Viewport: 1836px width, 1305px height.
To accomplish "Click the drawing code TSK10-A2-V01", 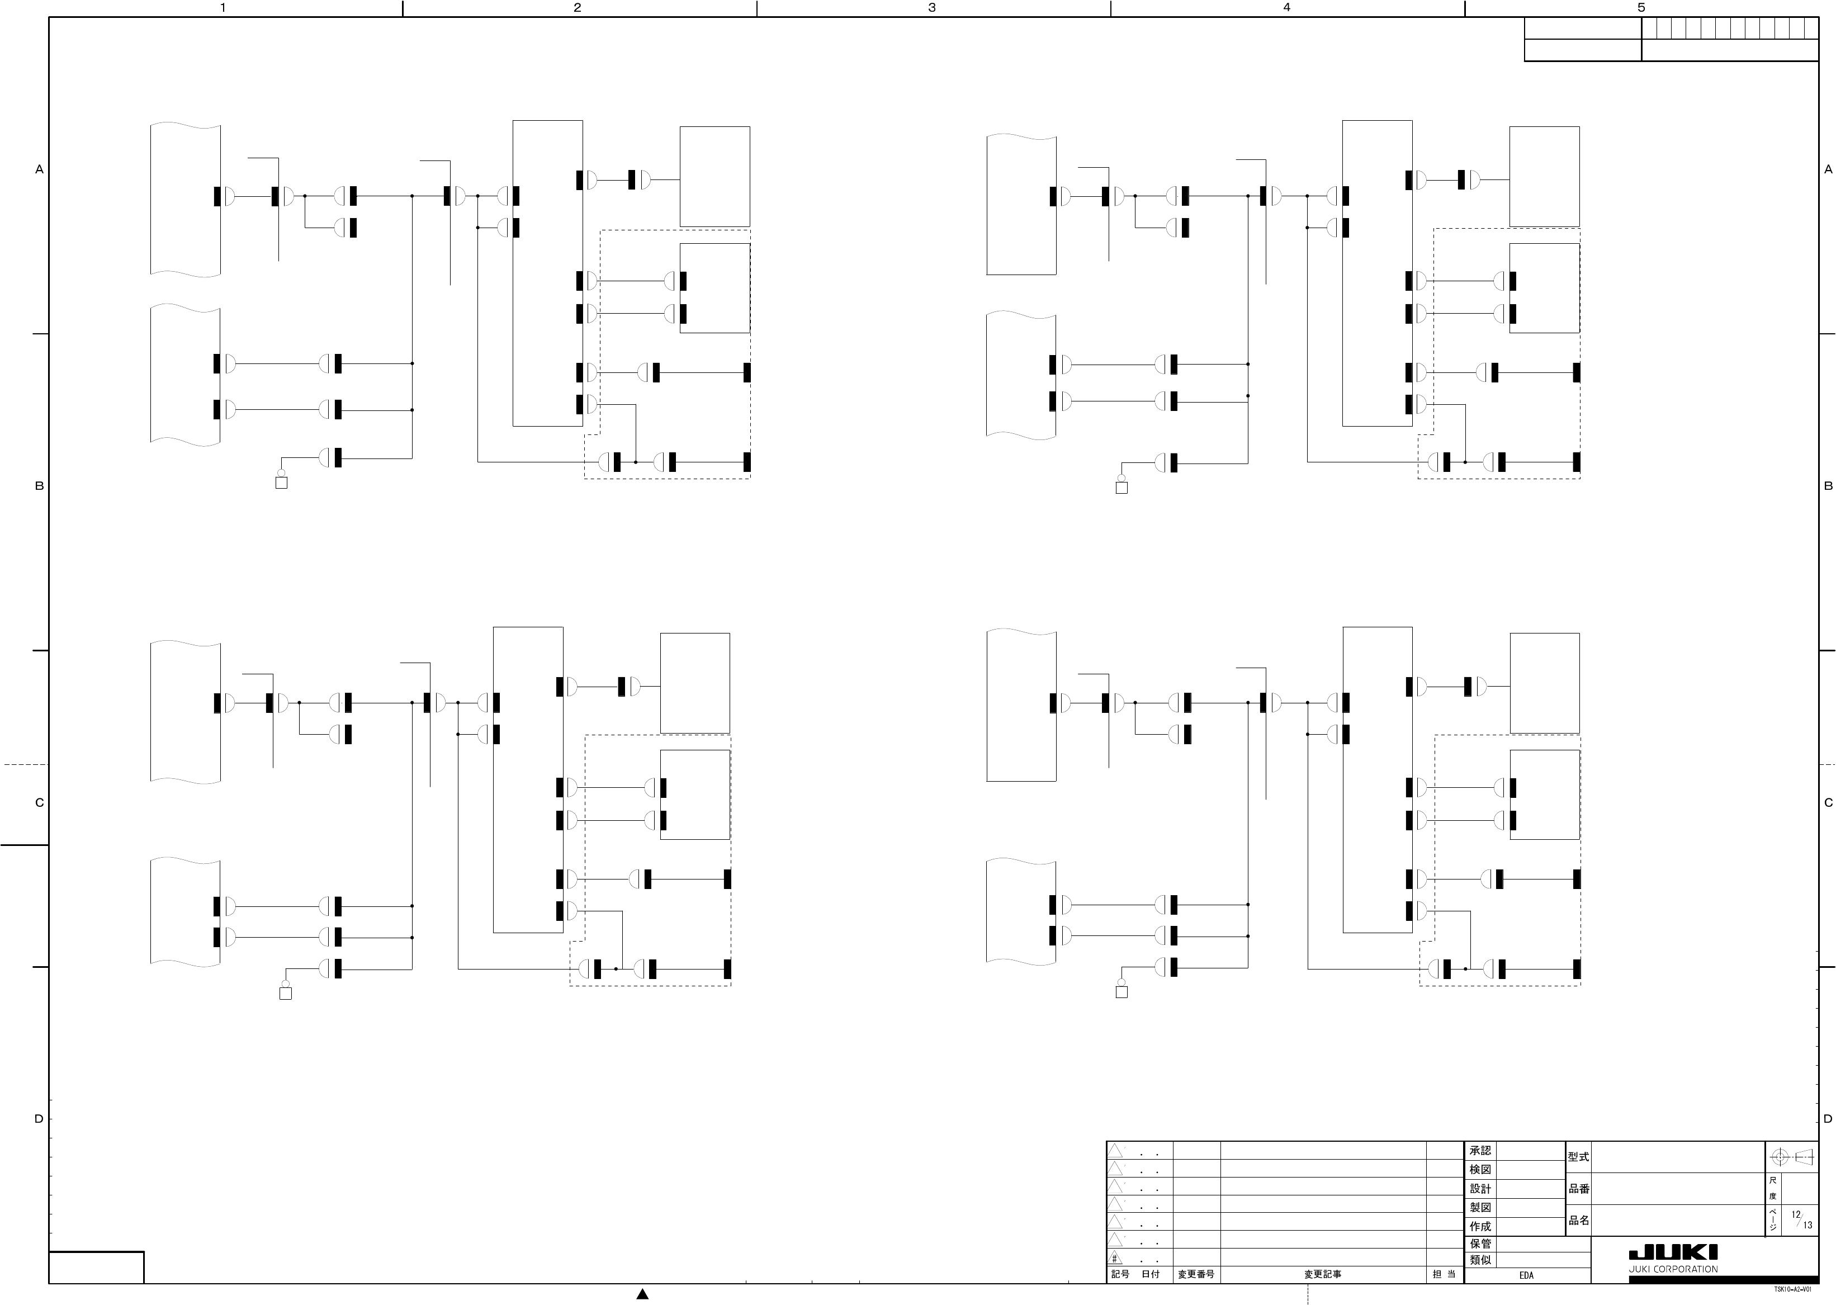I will (x=1792, y=1290).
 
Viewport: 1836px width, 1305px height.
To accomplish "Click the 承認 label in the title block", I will (x=1480, y=1151).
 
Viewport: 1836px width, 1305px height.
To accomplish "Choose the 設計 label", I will (x=1480, y=1189).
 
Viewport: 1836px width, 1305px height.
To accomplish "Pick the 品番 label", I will (x=1578, y=1189).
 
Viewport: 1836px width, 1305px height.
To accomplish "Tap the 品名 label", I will (x=1578, y=1220).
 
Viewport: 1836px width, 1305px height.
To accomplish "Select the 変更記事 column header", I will (x=1323, y=1274).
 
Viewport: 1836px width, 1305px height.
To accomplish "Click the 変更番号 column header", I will (x=1196, y=1274).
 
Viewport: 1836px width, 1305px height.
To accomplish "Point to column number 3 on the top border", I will (x=932, y=8).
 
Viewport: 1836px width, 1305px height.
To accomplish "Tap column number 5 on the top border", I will (x=1641, y=8).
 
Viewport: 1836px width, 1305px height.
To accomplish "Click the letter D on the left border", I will (x=39, y=1119).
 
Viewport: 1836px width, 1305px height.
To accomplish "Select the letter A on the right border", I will (x=1829, y=169).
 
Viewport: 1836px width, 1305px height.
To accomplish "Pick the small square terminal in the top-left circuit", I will (x=281, y=483).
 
